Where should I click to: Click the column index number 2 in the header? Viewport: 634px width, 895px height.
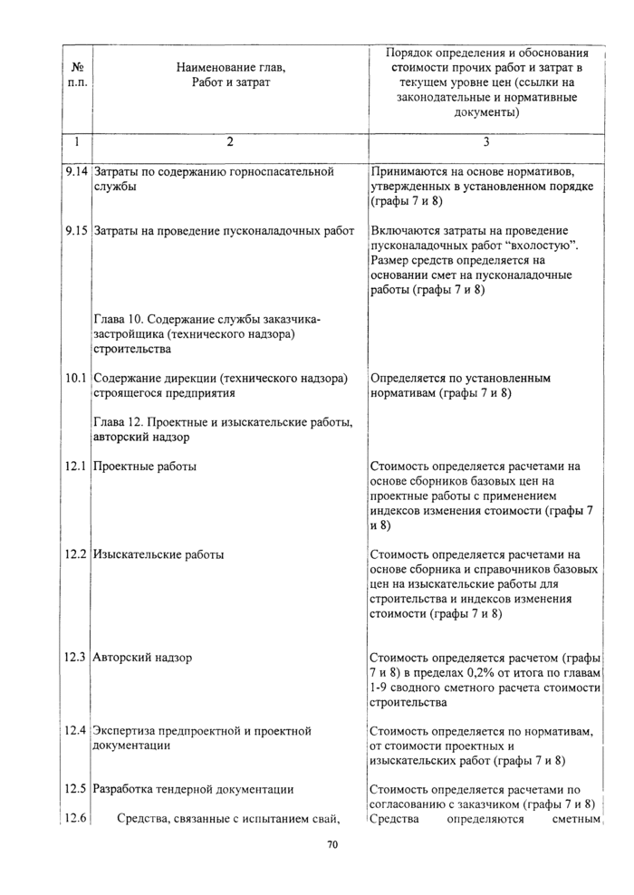coord(230,141)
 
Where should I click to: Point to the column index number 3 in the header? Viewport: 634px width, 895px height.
coord(485,141)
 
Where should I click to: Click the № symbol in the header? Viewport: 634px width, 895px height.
coord(77,66)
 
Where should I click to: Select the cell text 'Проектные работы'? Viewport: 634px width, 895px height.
coord(146,467)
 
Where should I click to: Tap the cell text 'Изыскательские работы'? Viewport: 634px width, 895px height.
coord(159,554)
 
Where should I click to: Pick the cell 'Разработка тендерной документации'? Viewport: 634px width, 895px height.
coord(194,789)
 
